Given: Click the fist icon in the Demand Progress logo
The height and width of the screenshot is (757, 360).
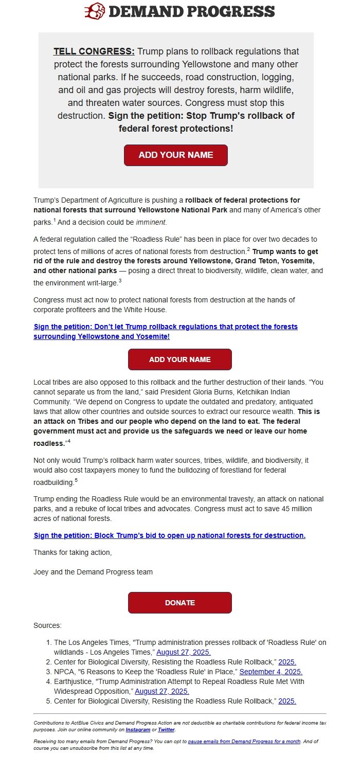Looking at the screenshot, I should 95,11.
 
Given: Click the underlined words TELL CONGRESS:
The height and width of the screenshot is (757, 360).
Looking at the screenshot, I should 94,51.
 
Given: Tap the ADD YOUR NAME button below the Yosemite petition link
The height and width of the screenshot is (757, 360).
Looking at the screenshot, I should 179,359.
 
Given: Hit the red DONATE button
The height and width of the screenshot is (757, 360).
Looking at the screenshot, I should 179,603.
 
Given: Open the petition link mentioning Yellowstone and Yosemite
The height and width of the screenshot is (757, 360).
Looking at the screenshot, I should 166,332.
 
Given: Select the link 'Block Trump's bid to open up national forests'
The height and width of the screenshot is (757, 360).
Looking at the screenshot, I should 170,535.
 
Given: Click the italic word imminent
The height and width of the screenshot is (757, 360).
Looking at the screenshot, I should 151,223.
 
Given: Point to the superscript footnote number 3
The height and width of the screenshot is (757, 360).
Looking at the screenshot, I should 120,281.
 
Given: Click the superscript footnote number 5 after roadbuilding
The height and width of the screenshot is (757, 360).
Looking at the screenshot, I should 76,480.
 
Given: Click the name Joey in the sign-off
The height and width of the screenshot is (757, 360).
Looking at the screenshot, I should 42,572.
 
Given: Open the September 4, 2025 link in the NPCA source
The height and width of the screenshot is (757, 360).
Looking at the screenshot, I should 271,672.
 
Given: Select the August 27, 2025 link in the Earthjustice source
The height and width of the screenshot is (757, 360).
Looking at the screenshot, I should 162,691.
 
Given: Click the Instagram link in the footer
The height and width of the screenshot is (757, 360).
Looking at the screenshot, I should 138,729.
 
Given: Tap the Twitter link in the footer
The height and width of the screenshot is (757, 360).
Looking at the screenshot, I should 166,729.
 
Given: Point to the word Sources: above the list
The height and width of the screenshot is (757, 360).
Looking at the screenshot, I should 47,625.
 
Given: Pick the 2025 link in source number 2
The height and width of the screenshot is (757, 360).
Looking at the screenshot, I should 287,662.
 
